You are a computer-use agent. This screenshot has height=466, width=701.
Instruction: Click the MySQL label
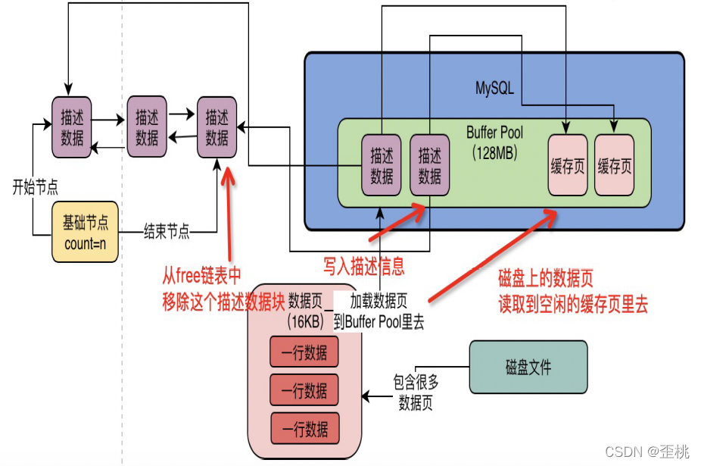click(494, 88)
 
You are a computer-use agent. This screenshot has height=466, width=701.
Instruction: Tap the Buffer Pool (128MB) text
click(494, 142)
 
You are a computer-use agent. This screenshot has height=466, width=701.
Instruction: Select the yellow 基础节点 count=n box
click(85, 231)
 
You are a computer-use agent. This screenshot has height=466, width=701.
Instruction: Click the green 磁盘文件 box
click(528, 367)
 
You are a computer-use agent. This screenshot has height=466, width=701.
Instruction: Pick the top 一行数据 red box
click(304, 352)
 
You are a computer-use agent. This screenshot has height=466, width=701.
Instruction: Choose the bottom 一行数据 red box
click(304, 430)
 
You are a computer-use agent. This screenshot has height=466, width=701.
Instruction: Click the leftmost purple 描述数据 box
click(72, 127)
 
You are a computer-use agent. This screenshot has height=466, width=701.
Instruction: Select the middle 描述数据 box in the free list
click(147, 127)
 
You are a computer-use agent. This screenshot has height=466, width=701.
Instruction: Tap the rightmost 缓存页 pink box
click(614, 166)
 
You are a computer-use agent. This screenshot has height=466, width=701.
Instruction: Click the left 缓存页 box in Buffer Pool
click(567, 166)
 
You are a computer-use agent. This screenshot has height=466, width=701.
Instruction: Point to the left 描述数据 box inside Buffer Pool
click(382, 166)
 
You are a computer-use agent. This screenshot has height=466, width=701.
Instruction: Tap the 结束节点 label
click(167, 232)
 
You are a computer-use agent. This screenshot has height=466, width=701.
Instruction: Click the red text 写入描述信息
click(363, 266)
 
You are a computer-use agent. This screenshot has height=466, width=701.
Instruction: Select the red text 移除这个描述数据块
click(223, 302)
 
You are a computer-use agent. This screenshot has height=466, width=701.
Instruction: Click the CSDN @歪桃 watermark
click(647, 452)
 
